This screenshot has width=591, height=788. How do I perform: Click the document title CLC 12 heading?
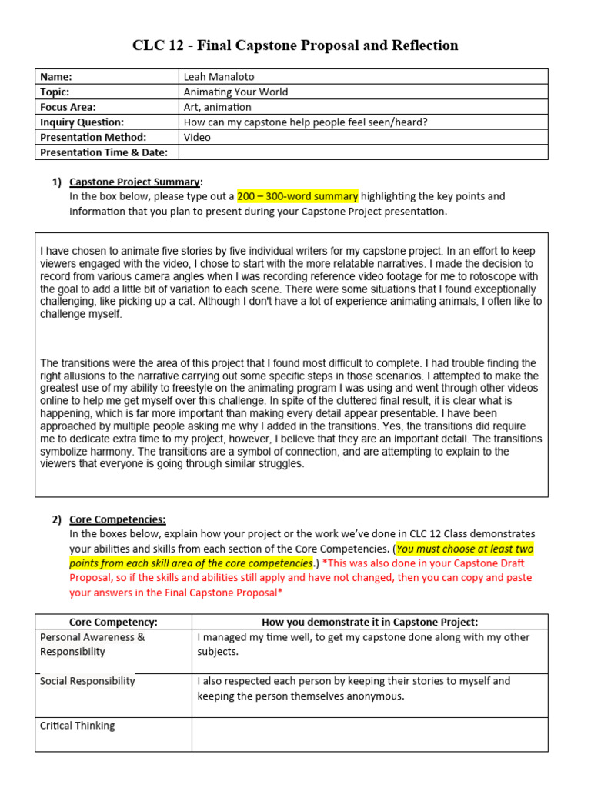tap(295, 45)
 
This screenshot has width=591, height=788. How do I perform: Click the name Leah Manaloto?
tap(219, 76)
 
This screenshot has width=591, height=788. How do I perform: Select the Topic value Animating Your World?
tap(235, 92)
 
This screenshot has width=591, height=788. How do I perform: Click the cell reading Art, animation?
tap(217, 107)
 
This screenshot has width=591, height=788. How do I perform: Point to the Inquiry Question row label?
tap(82, 122)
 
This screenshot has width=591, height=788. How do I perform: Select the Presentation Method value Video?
tap(197, 137)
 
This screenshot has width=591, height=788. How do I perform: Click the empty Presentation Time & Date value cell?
tap(362, 152)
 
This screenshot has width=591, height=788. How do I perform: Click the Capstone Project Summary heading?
tap(135, 182)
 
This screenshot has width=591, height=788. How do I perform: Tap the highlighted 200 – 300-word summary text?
tap(297, 196)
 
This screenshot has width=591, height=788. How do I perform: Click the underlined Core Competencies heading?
tap(117, 519)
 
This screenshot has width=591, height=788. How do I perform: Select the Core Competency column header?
tap(113, 622)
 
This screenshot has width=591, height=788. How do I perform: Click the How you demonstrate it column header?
tap(369, 622)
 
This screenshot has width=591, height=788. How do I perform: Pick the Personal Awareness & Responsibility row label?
tap(92, 644)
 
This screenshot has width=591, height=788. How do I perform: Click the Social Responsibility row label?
tap(87, 681)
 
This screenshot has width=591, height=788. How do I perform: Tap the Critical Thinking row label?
tap(77, 726)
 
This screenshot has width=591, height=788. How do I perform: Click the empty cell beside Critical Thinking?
tap(369, 734)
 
